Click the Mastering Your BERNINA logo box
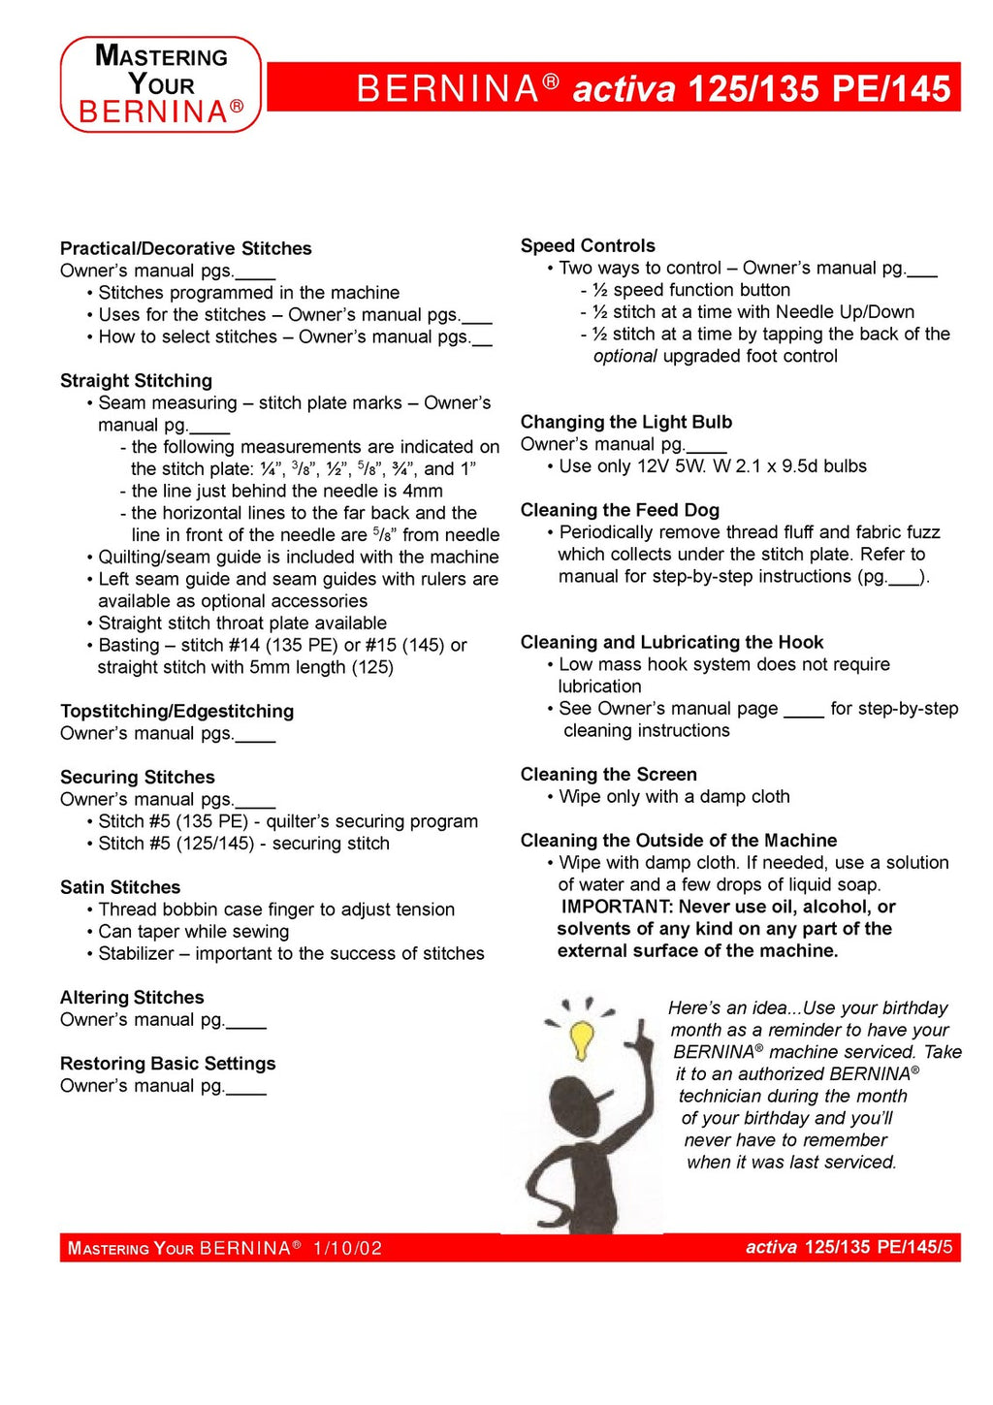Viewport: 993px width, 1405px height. coord(161,84)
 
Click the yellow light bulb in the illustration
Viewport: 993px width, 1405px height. coord(582,1038)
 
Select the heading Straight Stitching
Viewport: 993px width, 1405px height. coord(136,381)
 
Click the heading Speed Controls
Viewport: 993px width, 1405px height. coord(588,246)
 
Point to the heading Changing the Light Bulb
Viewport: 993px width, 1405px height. coord(626,423)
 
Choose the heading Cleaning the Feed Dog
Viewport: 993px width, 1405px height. coord(620,511)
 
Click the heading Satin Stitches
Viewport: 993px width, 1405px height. coord(120,888)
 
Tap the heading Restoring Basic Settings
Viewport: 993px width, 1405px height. coord(168,1065)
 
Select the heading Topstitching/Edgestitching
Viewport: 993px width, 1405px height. coord(176,712)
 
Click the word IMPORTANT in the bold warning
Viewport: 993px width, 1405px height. coord(616,908)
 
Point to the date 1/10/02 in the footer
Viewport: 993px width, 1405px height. coord(347,1249)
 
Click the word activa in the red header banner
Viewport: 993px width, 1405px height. coord(624,89)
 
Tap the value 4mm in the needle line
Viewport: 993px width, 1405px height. coord(423,492)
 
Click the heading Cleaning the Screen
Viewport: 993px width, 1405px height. coord(608,775)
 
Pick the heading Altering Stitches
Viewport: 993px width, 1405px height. coord(132,998)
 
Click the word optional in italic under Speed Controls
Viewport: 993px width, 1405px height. coord(625,357)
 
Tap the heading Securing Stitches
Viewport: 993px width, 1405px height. coord(138,778)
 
